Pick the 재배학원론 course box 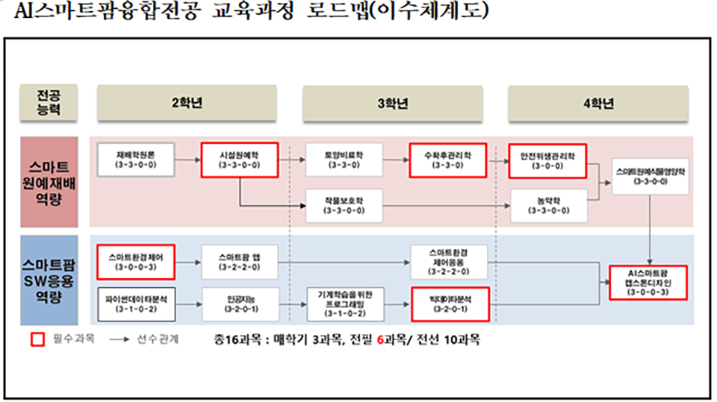(x=135, y=160)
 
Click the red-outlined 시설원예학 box (x=239, y=160)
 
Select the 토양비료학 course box (x=344, y=160)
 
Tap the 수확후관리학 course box (x=447, y=160)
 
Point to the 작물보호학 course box (x=344, y=204)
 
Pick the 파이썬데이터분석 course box (x=135, y=304)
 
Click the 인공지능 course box (x=239, y=304)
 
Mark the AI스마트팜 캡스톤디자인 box (x=648, y=281)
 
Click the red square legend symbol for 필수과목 (x=34, y=340)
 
